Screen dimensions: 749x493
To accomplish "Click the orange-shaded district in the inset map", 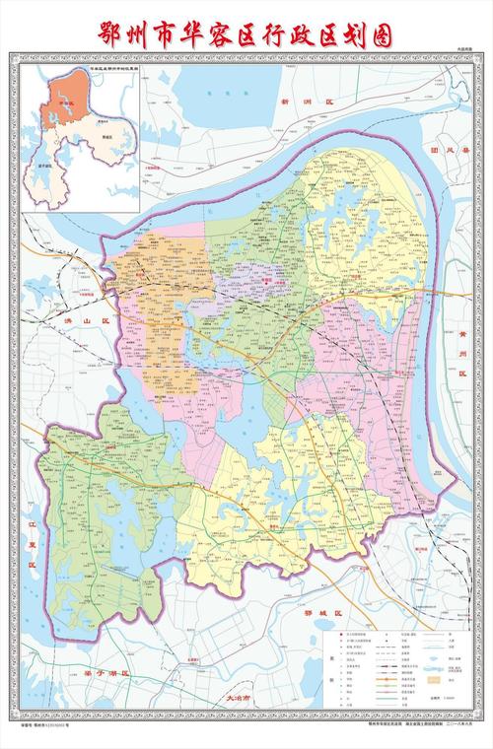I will [65, 102].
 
